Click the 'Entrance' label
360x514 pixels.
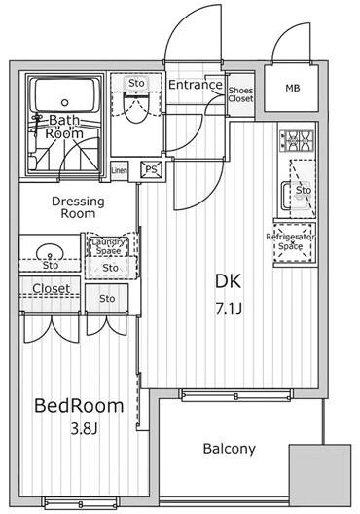pos(196,85)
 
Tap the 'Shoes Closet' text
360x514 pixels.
pos(240,93)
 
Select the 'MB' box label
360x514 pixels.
pos(293,90)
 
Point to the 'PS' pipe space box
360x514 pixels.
pos(151,168)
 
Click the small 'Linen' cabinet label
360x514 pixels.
pos(120,170)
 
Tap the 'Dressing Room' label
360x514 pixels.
pos(78,207)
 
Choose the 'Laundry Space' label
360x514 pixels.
pos(109,246)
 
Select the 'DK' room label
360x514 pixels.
pos(228,282)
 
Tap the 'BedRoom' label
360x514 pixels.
pos(80,405)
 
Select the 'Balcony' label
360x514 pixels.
pos(230,449)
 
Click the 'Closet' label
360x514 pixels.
pos(50,289)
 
